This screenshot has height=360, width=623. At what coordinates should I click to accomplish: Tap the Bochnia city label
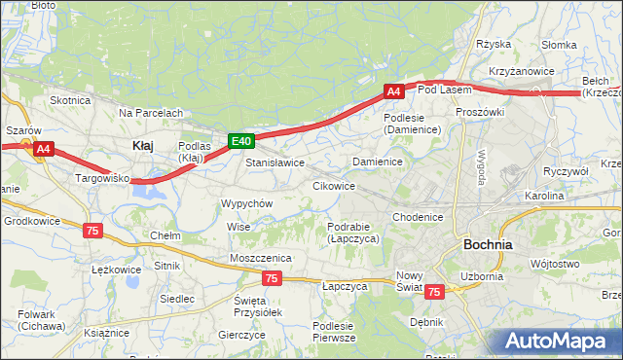[489, 244]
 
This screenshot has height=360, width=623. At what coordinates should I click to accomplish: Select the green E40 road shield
[242, 141]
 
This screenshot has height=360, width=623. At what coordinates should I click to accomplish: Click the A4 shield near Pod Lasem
[393, 91]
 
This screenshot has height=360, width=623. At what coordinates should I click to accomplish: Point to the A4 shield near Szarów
[43, 149]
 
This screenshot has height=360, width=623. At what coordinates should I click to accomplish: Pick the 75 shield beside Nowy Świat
[434, 291]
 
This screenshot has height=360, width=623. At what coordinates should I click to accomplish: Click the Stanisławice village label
[275, 162]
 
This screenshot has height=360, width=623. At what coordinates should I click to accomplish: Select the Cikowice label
[333, 185]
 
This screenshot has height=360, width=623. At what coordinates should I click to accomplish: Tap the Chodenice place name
[419, 217]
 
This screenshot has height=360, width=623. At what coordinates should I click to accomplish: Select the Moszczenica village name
[261, 257]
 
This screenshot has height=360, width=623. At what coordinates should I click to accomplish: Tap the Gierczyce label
[242, 334]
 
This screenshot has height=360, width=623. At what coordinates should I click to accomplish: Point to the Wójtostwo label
[554, 264]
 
